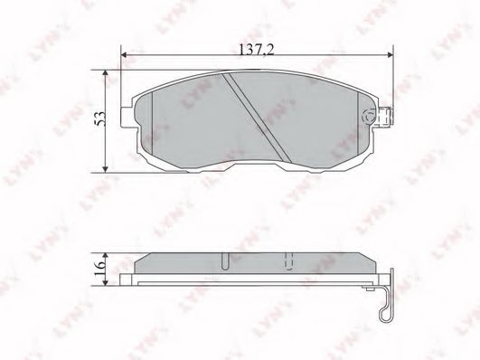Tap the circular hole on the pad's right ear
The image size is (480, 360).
pyautogui.click(x=368, y=118)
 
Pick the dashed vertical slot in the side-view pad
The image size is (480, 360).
pyautogui.click(x=289, y=262)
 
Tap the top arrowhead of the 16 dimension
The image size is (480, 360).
pyautogui.click(x=108, y=254)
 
